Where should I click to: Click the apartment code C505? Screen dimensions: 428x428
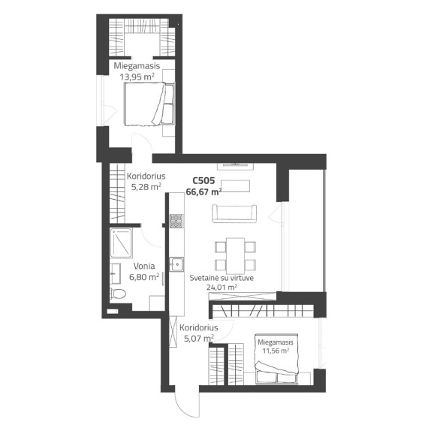tap(203, 180)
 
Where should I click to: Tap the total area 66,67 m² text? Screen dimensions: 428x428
tap(203, 191)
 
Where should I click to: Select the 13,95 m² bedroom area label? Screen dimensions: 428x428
tap(137, 77)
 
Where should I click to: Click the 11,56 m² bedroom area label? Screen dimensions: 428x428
tap(276, 351)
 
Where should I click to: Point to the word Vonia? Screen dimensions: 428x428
tap(144, 266)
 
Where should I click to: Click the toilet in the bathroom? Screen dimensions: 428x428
tap(118, 294)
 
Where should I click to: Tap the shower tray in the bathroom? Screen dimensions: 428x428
tap(121, 243)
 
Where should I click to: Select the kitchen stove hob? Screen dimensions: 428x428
tap(176, 221)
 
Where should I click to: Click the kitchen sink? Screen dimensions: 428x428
tap(176, 264)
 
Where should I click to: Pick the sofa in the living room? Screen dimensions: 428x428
tap(234, 213)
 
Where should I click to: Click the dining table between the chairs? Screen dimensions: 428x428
tap(235, 256)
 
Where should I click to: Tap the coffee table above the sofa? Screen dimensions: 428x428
tap(235, 186)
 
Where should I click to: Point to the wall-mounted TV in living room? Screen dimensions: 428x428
tap(235, 165)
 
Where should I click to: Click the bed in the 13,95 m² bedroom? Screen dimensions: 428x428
tap(149, 104)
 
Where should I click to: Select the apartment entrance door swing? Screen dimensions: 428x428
tap(186, 405)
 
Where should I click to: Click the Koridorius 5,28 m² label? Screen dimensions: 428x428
tap(146, 181)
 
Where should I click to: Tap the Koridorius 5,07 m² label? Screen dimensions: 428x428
tap(199, 333)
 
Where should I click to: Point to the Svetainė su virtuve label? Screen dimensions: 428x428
tap(222, 278)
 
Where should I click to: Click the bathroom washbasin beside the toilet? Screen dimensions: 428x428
tap(115, 273)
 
